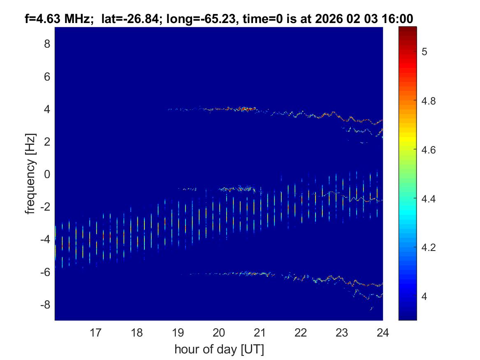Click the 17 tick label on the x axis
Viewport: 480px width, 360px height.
[x=96, y=332]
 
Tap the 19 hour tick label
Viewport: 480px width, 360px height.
[x=178, y=332]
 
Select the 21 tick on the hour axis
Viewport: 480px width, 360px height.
[x=260, y=332]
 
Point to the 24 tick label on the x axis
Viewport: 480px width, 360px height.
[x=383, y=332]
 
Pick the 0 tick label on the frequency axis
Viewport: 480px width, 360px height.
[x=47, y=174]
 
